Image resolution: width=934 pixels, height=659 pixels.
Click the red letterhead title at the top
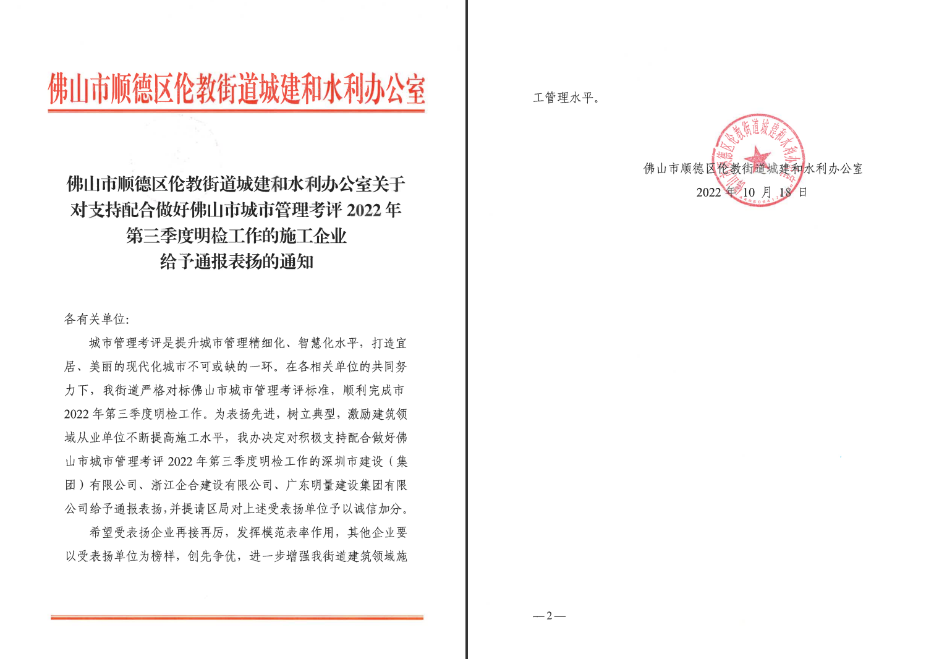click(x=236, y=89)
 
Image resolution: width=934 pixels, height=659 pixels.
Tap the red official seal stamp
click(x=760, y=160)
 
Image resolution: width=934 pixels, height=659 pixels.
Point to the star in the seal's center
click(x=758, y=156)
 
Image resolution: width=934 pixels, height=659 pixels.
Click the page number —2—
click(x=549, y=616)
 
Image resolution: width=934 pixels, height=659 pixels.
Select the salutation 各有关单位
click(x=95, y=319)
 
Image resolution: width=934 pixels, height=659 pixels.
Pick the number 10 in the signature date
click(x=749, y=192)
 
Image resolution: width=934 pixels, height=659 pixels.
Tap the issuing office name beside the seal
click(x=753, y=169)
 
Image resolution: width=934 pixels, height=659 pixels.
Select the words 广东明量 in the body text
click(x=311, y=485)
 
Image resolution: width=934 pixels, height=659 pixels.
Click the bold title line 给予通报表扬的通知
click(x=236, y=262)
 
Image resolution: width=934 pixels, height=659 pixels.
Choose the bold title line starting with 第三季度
click(x=236, y=236)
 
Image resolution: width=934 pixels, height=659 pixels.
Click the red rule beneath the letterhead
click(x=236, y=111)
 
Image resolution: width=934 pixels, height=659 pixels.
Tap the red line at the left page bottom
click(x=236, y=617)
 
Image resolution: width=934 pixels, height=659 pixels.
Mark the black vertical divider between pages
click(x=467, y=329)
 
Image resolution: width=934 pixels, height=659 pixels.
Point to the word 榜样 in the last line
click(x=163, y=556)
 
